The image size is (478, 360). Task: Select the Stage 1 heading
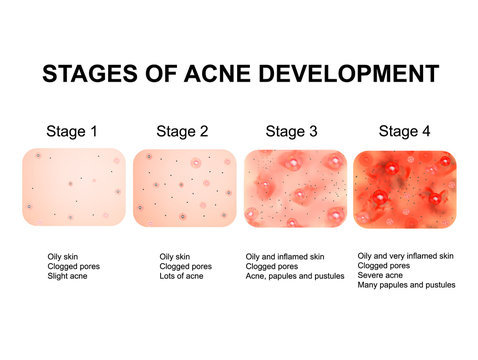point(72,131)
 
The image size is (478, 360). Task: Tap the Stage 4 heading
point(405,131)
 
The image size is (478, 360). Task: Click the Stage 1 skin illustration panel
point(74,187)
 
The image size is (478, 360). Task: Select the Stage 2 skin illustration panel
point(185,187)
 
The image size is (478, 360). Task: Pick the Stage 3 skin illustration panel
point(295,187)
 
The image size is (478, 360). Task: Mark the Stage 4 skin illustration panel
point(405,187)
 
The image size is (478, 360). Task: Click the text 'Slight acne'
point(69,276)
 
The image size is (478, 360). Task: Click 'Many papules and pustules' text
point(405,285)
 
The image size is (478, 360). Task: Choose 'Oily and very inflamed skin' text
point(405,257)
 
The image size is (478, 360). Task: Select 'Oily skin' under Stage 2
point(175,257)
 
